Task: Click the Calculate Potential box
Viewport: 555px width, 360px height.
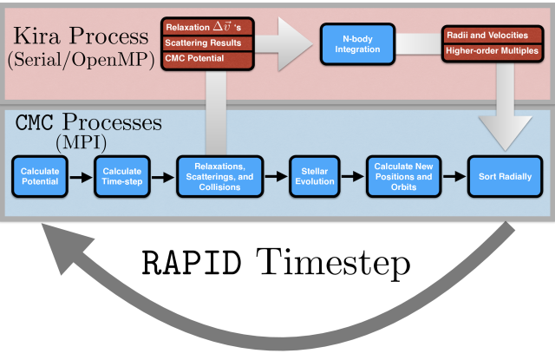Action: (x=40, y=176)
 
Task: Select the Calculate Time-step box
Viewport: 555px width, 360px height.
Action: (x=122, y=176)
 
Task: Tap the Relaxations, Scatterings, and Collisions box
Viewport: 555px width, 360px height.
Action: (x=219, y=176)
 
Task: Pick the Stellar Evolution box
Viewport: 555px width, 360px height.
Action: (x=315, y=176)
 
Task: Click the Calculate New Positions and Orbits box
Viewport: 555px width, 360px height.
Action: (x=403, y=176)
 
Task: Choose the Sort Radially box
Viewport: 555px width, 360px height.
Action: (x=505, y=176)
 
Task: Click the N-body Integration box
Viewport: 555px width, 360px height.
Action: (x=357, y=44)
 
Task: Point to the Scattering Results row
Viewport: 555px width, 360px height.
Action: (x=207, y=43)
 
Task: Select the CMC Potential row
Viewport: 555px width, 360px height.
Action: (x=207, y=59)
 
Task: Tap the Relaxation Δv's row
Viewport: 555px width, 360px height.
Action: (x=207, y=27)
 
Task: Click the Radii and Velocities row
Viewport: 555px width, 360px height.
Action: (x=493, y=35)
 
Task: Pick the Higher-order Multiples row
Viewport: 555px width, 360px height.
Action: (x=493, y=51)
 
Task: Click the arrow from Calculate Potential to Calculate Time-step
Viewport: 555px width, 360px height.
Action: (x=81, y=177)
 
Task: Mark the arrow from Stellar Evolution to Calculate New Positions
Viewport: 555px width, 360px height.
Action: (x=353, y=176)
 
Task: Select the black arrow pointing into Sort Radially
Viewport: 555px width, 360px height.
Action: (x=454, y=176)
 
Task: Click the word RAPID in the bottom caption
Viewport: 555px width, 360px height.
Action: (x=192, y=263)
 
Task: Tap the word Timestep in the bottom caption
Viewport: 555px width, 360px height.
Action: (x=333, y=265)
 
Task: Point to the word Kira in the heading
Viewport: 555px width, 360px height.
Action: (x=36, y=36)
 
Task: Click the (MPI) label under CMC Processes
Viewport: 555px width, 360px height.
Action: (x=81, y=142)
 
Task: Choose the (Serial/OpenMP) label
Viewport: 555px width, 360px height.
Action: (x=81, y=59)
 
